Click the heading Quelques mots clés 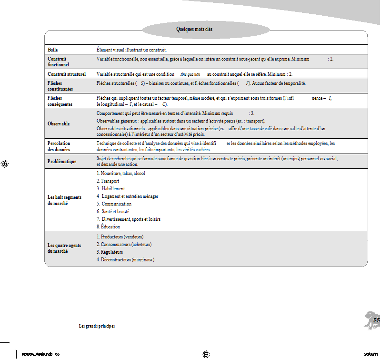[x=194, y=30]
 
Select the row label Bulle [x=53, y=50]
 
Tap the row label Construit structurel [x=67, y=74]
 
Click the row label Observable [x=59, y=123]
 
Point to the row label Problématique [x=62, y=162]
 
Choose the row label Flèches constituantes [x=60, y=86]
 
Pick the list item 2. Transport [x=108, y=181]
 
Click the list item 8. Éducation [x=108, y=226]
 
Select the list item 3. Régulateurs [x=110, y=252]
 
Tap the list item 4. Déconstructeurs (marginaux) [x=126, y=259]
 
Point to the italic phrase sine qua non [x=190, y=75]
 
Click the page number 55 [x=376, y=321]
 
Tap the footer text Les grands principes [x=97, y=326]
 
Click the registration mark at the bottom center [x=206, y=354]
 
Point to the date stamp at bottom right [x=371, y=354]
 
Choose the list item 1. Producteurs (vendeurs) [x=120, y=237]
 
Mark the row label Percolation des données [x=59, y=146]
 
